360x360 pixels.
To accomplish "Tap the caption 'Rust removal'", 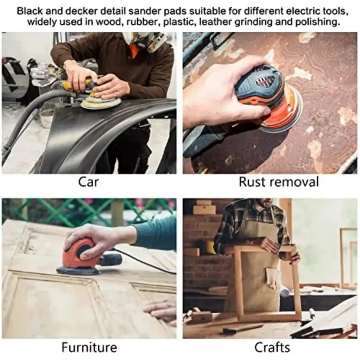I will click(x=278, y=182).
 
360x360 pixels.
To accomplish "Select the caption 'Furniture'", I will click(x=89, y=347).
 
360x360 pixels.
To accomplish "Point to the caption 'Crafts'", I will click(x=272, y=347).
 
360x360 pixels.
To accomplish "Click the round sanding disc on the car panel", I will click(x=101, y=103).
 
